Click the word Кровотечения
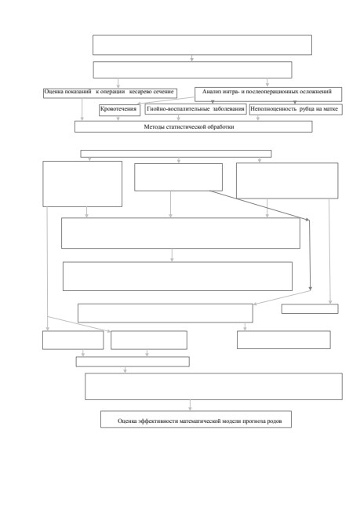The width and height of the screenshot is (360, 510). point(118,109)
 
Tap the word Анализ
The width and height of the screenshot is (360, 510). point(212,92)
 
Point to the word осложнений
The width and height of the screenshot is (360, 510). point(316,92)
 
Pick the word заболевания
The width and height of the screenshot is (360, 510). point(228,109)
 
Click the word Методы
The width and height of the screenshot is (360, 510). point(155,127)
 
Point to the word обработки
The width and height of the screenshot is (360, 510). point(221,127)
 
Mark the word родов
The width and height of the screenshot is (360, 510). point(275,421)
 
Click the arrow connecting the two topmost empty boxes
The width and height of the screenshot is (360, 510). point(192,58)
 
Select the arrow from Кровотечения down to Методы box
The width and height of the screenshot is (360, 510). point(118,118)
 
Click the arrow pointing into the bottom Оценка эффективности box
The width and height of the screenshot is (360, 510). point(190,406)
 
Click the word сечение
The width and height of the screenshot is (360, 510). point(163,92)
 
